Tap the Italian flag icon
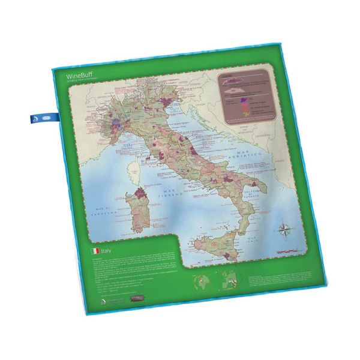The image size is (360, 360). [94, 251]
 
